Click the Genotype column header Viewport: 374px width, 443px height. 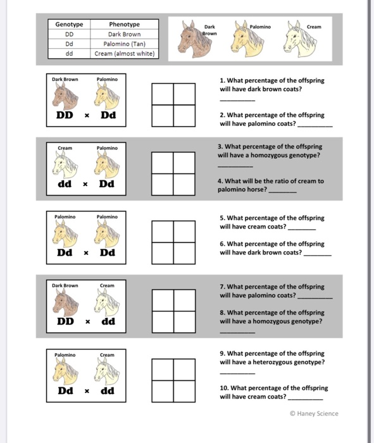tap(69, 25)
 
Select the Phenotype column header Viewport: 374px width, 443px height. tap(124, 25)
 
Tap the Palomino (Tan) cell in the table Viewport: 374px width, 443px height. tap(124, 44)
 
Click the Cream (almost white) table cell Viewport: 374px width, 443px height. tap(124, 53)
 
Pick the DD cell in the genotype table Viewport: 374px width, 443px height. tap(69, 34)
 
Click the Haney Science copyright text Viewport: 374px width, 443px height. tap(313, 413)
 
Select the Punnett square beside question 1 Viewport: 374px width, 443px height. tap(173, 103)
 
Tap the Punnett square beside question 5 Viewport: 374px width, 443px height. tap(173, 240)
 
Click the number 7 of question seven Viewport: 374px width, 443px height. tap(222, 287)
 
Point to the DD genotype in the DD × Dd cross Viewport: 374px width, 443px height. tap(65, 116)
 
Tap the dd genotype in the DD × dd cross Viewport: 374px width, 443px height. tap(108, 321)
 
